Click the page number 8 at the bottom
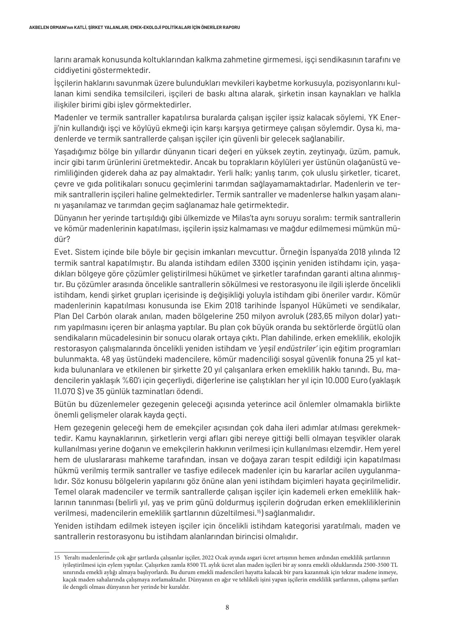[227, 607]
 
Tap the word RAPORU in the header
[231, 28]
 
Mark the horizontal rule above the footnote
[82, 552]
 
